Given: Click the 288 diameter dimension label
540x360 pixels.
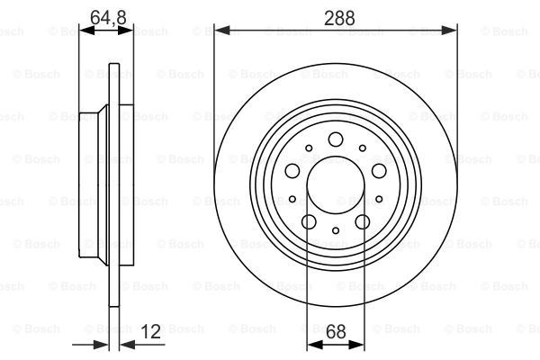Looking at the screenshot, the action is [339, 18].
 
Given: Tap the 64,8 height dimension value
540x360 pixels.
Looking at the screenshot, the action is [108, 18].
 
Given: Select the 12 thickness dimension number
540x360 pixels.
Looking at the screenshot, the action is [151, 331].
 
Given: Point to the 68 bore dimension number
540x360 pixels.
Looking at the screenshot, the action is [336, 331].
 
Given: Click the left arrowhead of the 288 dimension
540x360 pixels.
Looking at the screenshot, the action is [221, 31].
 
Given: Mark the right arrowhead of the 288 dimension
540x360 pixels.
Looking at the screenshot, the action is [449, 31].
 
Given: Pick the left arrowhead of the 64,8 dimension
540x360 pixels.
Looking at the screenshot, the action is [86, 31].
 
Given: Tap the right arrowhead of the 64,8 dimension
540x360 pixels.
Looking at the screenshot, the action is [126, 31].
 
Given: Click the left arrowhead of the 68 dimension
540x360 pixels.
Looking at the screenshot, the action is [315, 345].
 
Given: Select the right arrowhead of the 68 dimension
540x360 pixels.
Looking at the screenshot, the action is [356, 345].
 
